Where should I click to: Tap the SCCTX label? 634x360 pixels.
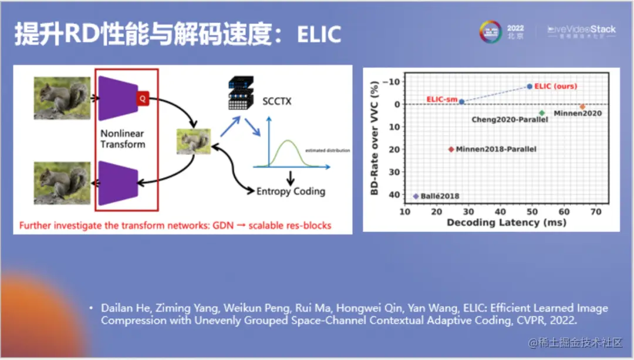pos(277,101)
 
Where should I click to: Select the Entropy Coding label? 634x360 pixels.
pos(291,191)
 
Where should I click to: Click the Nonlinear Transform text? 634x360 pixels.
pos(123,139)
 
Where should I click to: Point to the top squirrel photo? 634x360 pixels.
pos(62,97)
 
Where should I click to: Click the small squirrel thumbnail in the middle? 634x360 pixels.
pos(194,142)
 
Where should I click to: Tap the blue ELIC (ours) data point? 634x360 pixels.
pos(530,86)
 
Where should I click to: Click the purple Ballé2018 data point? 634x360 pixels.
pos(416,196)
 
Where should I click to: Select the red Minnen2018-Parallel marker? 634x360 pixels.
pos(451,149)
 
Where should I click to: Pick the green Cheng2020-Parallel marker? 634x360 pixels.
pos(542,113)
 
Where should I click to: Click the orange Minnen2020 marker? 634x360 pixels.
pos(582,107)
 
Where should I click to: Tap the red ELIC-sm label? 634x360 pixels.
pos(441,100)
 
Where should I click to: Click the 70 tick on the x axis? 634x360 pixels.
pos(596,211)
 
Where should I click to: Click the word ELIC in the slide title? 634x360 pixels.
pos(319,35)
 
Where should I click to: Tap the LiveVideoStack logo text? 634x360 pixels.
pos(582,29)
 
